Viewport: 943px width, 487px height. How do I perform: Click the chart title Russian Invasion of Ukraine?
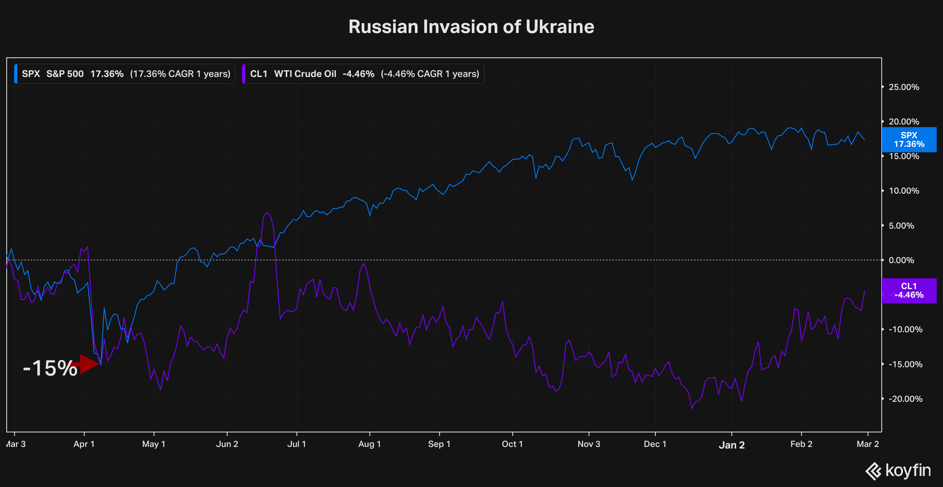tap(471, 27)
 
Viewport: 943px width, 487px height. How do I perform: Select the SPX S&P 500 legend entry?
tap(125, 74)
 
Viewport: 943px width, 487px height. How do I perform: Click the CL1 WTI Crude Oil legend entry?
tap(364, 74)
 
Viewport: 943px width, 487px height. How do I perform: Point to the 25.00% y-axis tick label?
tap(904, 87)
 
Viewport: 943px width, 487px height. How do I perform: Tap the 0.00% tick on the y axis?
tap(901, 260)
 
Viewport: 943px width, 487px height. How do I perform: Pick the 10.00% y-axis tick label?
tap(904, 191)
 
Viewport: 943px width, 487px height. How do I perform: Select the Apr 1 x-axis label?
tap(84, 444)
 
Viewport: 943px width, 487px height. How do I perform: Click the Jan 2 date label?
tap(732, 445)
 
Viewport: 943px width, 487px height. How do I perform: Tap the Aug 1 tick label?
tap(369, 444)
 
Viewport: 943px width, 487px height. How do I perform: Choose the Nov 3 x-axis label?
tap(589, 444)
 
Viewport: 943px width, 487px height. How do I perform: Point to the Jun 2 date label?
tap(227, 444)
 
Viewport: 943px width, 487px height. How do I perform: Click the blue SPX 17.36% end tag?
tap(909, 139)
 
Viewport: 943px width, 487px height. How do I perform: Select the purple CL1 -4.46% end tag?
tap(909, 291)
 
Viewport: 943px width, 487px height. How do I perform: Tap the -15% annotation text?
tap(50, 368)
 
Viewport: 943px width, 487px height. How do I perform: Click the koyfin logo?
tap(898, 471)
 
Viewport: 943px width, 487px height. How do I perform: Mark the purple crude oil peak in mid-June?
tap(267, 213)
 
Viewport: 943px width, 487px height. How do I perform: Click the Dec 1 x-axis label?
tap(655, 444)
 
